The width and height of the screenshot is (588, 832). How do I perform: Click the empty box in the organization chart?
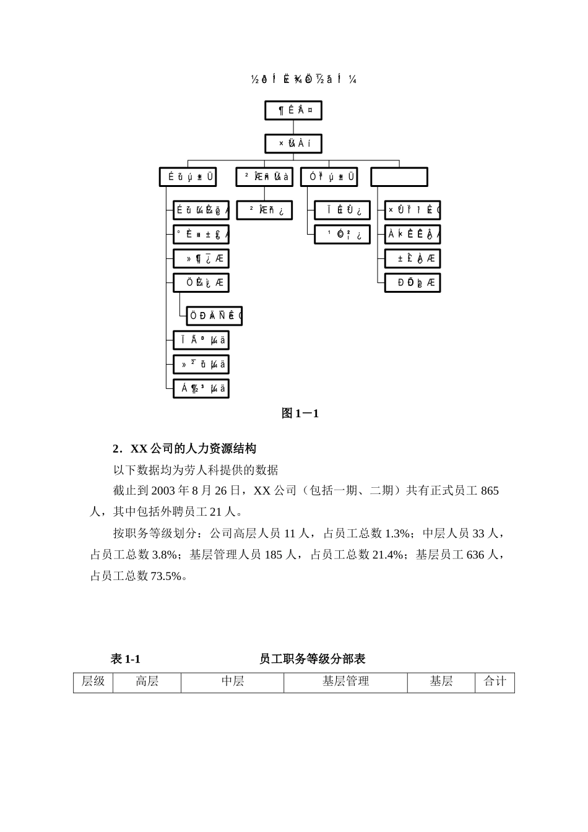(399, 177)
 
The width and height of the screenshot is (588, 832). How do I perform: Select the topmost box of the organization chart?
(293, 110)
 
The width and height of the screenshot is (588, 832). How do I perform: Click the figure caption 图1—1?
(300, 414)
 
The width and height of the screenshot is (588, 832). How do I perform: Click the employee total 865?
(489, 491)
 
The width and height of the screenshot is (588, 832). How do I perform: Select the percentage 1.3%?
(397, 534)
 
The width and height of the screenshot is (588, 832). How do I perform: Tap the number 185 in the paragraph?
(273, 555)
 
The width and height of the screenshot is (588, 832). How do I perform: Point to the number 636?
(475, 555)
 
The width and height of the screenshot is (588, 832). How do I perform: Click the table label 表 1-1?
(126, 659)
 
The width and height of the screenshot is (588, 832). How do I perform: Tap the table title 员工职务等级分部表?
(313, 659)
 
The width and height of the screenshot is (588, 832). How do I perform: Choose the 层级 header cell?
(93, 682)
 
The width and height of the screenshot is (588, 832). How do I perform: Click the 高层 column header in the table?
(147, 682)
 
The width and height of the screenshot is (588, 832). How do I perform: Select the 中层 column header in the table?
(233, 682)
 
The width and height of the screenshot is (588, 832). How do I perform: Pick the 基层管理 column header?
(345, 682)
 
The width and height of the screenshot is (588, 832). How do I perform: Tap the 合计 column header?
(495, 682)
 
